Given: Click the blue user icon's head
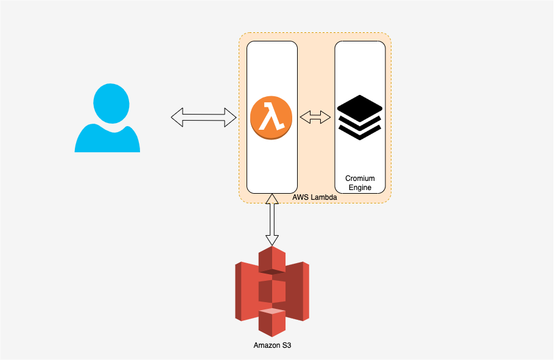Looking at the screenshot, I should [x=111, y=102].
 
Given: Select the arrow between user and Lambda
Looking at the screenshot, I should [x=203, y=117].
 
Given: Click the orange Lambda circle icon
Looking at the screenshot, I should [x=272, y=117].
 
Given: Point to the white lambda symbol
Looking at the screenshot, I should [x=272, y=117].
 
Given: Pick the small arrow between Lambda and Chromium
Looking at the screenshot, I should [x=315, y=117].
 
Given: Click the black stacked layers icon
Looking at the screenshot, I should [x=359, y=117].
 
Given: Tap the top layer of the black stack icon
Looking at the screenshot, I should [x=359, y=107].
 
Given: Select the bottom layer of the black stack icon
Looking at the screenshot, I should [x=359, y=130].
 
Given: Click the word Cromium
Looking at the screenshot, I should [x=360, y=178].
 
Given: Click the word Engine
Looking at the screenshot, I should [x=360, y=188].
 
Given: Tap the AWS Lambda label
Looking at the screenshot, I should [x=315, y=199].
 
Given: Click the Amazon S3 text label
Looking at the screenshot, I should [x=272, y=345].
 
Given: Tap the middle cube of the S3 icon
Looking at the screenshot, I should [x=272, y=291].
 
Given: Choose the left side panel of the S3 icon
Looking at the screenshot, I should [x=245, y=291].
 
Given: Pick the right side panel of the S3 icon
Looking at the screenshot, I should [x=299, y=291].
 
